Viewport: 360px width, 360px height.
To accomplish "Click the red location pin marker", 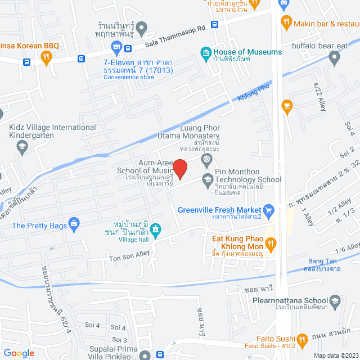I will (x=179, y=169).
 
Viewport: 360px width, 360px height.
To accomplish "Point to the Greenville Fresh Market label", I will (x=220, y=210).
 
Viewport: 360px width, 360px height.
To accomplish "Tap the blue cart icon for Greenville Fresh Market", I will (x=269, y=210).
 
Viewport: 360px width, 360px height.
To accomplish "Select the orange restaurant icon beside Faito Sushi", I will (x=303, y=339).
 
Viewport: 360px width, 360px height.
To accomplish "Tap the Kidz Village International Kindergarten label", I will (x=52, y=132).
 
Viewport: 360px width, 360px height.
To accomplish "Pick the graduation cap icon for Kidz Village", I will (x=22, y=147).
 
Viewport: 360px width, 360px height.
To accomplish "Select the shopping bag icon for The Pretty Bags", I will (x=74, y=226).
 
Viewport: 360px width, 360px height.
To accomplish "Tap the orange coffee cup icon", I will (x=287, y=105).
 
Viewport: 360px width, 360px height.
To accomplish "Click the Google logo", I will (x=19, y=353).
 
